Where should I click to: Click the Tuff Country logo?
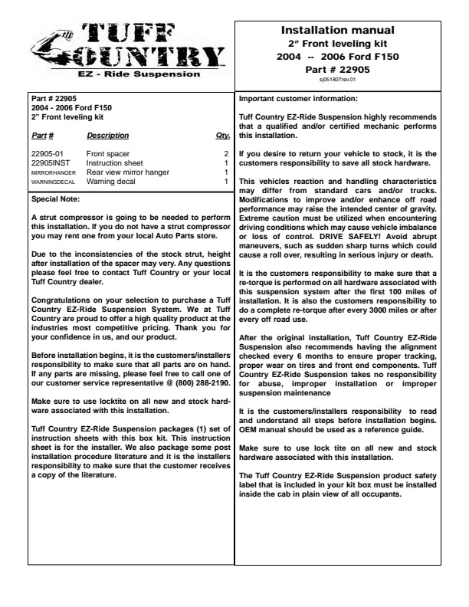129,46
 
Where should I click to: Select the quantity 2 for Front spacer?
226,154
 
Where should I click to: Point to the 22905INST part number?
48,163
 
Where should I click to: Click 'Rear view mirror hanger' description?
127,172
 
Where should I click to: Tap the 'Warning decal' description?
111,182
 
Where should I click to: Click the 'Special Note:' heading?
55,199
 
